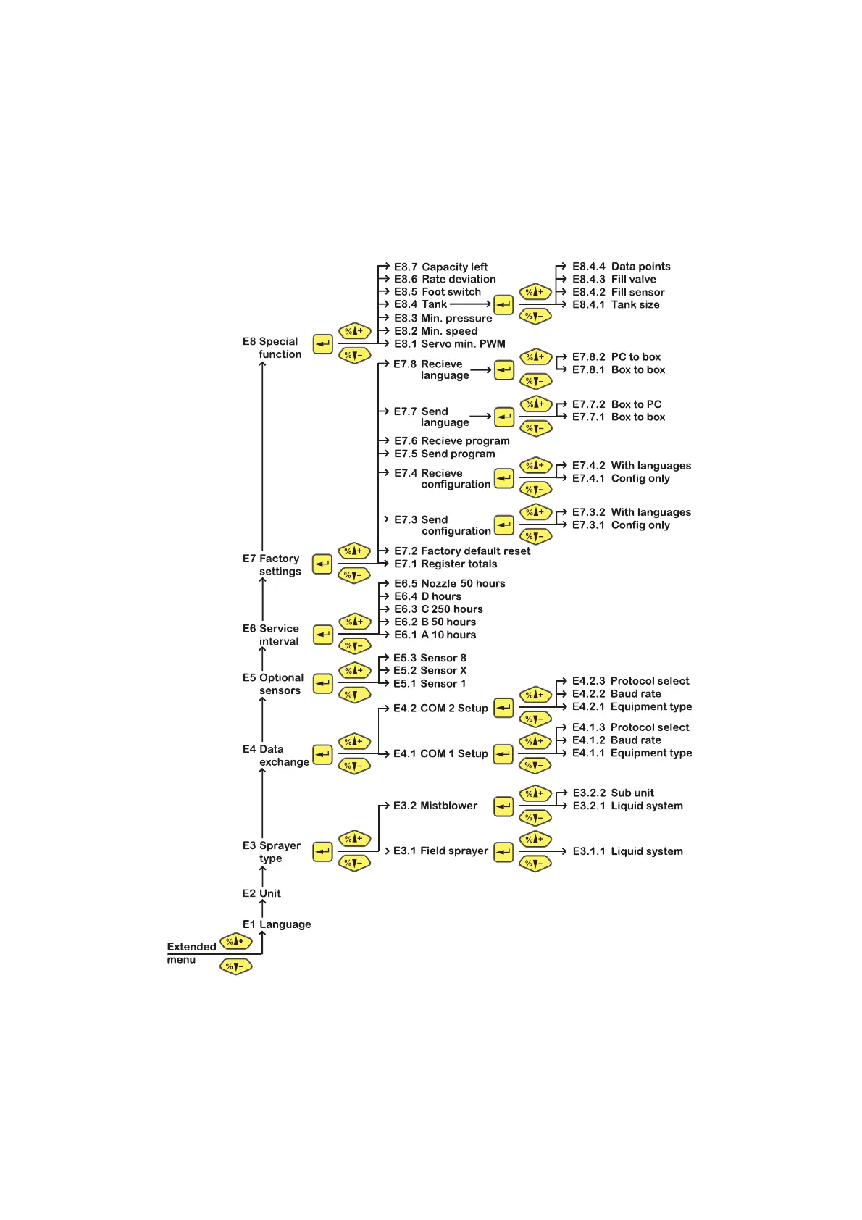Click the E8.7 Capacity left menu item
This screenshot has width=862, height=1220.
pyautogui.click(x=440, y=267)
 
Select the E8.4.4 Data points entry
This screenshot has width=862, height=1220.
pyautogui.click(x=621, y=267)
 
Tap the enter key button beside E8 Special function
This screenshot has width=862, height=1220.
pyautogui.click(x=322, y=344)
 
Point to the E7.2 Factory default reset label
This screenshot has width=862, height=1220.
pyautogui.click(x=461, y=551)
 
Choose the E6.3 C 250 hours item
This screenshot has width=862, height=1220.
pyautogui.click(x=438, y=609)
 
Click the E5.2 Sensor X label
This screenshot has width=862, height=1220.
pyautogui.click(x=430, y=671)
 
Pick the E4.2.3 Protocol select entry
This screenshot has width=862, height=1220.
pyautogui.click(x=630, y=681)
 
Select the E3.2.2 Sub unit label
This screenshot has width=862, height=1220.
pyautogui.click(x=613, y=793)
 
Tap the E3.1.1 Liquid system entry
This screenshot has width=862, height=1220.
pyautogui.click(x=627, y=851)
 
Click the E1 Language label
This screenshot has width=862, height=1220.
pyautogui.click(x=277, y=924)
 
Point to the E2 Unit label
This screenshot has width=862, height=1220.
pyautogui.click(x=261, y=893)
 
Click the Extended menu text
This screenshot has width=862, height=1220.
pyautogui.click(x=191, y=953)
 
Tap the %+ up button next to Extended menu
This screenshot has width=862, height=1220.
pyautogui.click(x=235, y=942)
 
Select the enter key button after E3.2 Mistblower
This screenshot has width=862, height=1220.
pyautogui.click(x=503, y=806)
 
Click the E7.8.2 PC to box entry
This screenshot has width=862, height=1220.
pyautogui.click(x=616, y=357)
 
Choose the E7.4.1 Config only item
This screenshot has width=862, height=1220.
pyautogui.click(x=621, y=479)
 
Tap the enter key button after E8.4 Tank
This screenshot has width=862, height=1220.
pyautogui.click(x=503, y=305)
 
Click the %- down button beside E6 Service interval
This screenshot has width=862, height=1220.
pyautogui.click(x=354, y=645)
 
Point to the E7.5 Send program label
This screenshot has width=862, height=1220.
pyautogui.click(x=444, y=454)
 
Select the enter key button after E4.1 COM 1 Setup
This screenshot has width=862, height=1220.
pyautogui.click(x=503, y=754)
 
